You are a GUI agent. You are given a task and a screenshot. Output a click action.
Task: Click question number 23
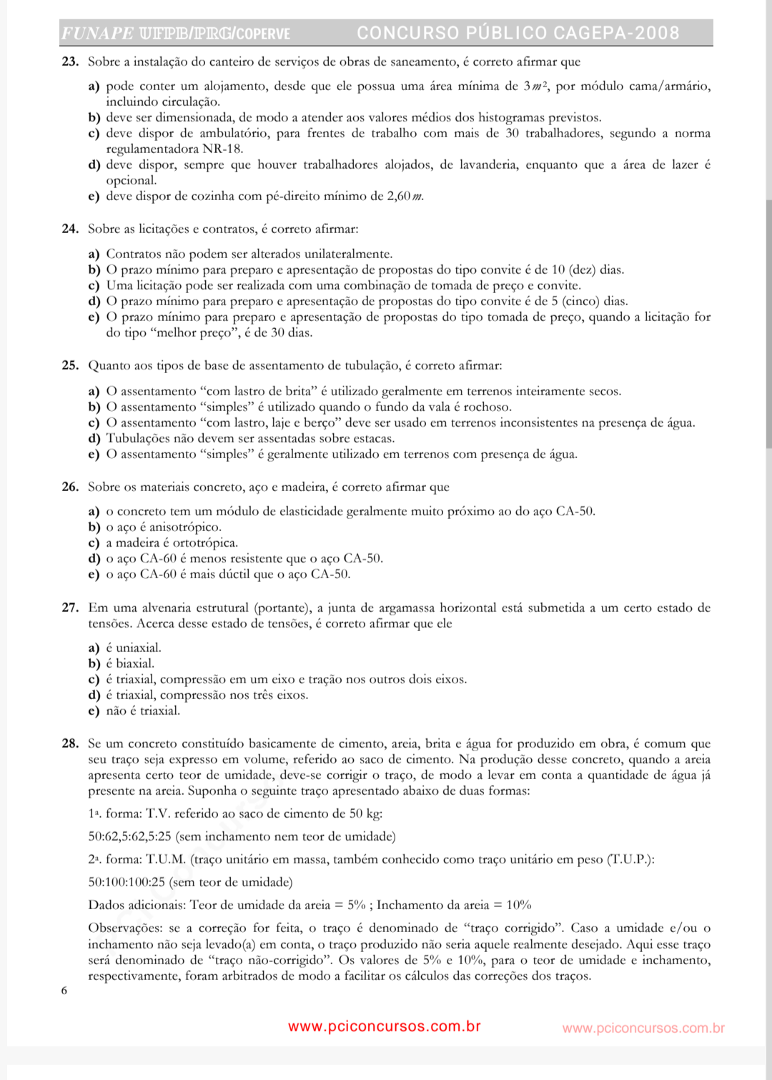point(69,62)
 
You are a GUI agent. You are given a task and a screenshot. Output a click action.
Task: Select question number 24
point(69,229)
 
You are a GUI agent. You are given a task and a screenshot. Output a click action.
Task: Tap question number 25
point(69,366)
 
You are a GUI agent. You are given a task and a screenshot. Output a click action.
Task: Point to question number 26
point(69,487)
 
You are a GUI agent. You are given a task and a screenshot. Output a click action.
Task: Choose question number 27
point(69,608)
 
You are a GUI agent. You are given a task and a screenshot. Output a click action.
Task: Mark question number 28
point(69,744)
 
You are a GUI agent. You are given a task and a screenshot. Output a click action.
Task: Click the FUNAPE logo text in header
point(97,34)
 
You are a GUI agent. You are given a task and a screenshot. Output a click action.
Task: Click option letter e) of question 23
point(94,197)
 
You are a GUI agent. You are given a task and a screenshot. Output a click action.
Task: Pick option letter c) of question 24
point(94,286)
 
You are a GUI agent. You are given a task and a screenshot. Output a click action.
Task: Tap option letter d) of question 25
point(94,439)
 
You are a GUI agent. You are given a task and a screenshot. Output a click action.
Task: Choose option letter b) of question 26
point(94,527)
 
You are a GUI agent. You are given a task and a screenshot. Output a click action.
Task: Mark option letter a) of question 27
point(94,648)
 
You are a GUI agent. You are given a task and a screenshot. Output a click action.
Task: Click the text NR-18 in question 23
point(222,149)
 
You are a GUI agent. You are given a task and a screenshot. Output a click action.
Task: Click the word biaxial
point(134,664)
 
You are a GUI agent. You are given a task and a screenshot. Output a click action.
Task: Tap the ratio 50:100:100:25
point(127,883)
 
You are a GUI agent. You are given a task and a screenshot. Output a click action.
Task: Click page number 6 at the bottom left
point(64,991)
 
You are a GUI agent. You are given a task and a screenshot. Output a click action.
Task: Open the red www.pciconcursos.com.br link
point(384,1027)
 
